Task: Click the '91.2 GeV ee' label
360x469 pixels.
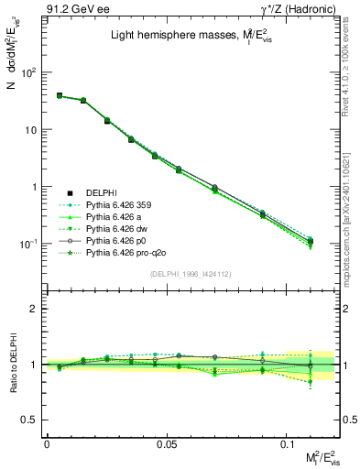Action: (72, 10)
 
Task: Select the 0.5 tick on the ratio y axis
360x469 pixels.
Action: (31, 420)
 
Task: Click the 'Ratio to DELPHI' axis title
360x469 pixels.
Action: (12, 365)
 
